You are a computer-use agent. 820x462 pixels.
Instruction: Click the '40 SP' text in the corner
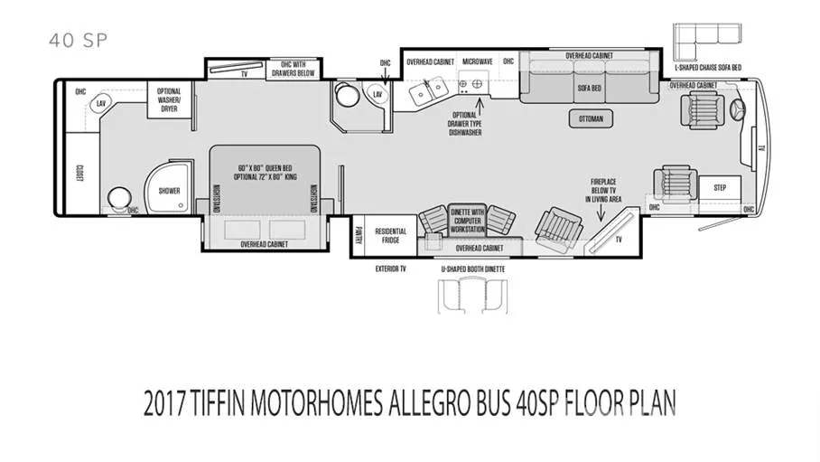[x=77, y=40]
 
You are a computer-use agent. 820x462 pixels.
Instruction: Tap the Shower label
[x=170, y=191]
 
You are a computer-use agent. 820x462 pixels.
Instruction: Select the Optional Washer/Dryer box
[x=170, y=99]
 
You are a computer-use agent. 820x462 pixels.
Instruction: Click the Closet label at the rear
[x=79, y=174]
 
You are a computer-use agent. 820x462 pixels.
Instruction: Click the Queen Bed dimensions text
[x=267, y=173]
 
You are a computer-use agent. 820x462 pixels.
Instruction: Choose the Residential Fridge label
[x=390, y=235]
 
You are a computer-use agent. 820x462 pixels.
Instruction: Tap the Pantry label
[x=358, y=235]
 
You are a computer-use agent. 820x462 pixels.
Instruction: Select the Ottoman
[x=591, y=118]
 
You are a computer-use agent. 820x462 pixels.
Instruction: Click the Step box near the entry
[x=720, y=188]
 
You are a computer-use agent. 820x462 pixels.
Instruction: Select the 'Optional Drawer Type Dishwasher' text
[x=467, y=123]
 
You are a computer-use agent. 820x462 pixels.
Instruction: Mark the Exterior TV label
[x=389, y=269]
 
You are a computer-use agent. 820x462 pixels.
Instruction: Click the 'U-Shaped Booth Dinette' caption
[x=472, y=269]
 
